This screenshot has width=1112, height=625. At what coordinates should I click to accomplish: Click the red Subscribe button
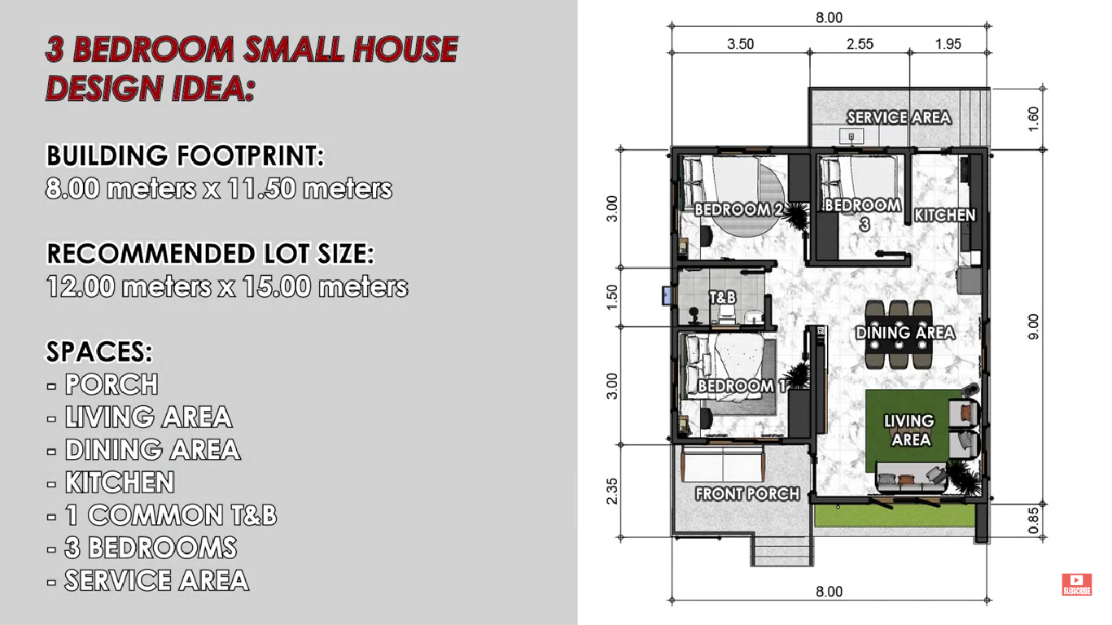(x=1077, y=584)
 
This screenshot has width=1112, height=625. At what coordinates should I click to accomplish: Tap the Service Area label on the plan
(x=899, y=118)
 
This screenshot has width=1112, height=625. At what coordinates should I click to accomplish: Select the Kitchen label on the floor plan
(x=944, y=216)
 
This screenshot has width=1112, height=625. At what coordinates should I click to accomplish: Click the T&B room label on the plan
(x=722, y=298)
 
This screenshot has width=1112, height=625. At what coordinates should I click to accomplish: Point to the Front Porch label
(x=747, y=494)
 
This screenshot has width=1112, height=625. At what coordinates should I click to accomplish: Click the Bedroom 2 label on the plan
(x=738, y=210)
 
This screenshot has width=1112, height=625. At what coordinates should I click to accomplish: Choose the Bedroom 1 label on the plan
(x=742, y=387)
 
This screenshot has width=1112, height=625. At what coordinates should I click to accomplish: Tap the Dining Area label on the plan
(x=905, y=333)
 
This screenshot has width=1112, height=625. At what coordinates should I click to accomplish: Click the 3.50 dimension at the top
(x=740, y=44)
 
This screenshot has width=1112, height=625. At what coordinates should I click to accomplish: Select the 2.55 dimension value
(x=860, y=44)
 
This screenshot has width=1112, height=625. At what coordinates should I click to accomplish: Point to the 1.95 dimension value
(x=948, y=44)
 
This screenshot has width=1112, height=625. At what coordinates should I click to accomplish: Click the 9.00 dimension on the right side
(x=1033, y=326)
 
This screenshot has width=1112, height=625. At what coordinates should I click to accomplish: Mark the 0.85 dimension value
(x=1033, y=521)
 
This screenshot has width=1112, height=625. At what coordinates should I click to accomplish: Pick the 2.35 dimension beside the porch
(x=612, y=491)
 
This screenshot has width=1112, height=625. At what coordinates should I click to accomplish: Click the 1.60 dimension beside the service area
(x=1033, y=119)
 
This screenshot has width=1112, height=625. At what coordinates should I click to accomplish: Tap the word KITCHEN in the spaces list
(x=120, y=483)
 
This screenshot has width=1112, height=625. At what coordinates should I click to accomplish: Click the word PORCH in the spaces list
(x=112, y=384)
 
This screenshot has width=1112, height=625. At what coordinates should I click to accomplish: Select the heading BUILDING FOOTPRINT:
(x=185, y=155)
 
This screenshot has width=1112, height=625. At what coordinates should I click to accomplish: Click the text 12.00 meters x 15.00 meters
(x=227, y=287)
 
